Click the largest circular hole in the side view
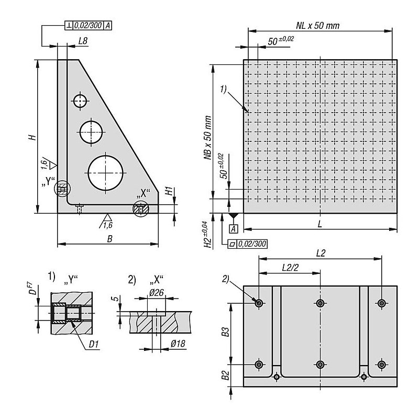coord(106,173)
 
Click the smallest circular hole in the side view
coord(80,101)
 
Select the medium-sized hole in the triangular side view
coord(91,132)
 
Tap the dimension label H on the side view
coord(32,137)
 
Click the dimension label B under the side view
coord(109,239)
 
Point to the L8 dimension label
coord(83,41)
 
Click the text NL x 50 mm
coord(318,26)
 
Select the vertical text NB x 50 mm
coord(208,138)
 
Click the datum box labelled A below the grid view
coord(234,229)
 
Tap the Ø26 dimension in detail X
coord(156,293)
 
